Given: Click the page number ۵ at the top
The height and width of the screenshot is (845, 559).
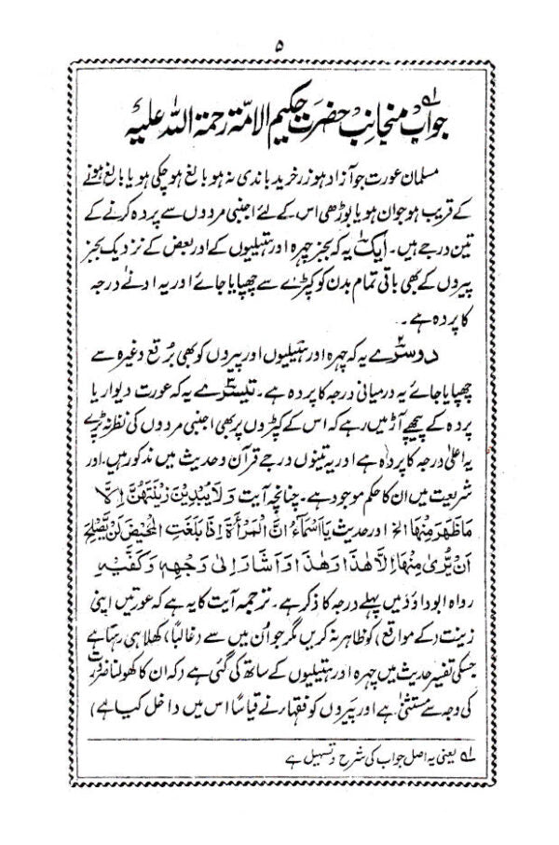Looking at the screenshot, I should (x=279, y=44).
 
